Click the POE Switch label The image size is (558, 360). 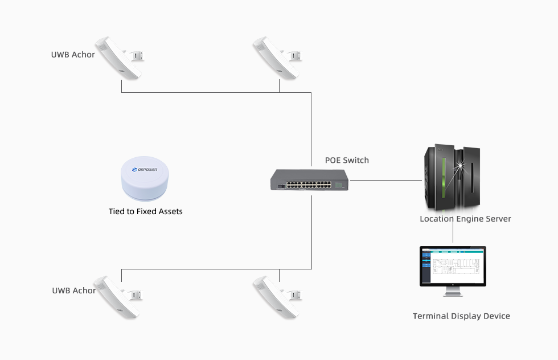pos(346,160)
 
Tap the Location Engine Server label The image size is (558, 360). pos(465,219)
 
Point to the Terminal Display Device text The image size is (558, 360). pos(461,316)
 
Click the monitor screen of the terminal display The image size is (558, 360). pos(453,266)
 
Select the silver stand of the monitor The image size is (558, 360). pos(453,292)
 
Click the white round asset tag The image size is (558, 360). pos(145,179)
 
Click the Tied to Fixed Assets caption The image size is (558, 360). pos(146,211)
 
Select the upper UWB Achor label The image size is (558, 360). pos(73,55)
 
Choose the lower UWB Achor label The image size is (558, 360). pos(73,291)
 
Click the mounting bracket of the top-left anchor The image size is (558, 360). pos(137,56)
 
